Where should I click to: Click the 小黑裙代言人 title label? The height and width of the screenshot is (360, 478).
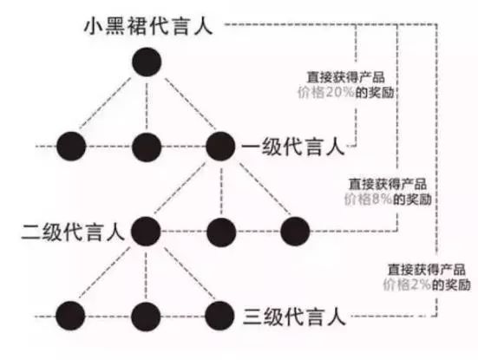(148, 26)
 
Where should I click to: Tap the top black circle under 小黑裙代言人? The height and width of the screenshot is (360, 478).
(147, 62)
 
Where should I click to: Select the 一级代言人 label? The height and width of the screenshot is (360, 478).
(293, 147)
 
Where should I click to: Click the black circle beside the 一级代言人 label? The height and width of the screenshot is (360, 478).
(220, 147)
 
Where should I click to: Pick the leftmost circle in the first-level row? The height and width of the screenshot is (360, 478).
(71, 147)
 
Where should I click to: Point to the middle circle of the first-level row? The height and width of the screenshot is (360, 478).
(147, 147)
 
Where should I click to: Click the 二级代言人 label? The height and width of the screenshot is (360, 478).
(73, 232)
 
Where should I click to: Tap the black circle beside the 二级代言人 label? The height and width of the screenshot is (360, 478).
(146, 232)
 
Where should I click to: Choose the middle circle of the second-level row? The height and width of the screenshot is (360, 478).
(221, 232)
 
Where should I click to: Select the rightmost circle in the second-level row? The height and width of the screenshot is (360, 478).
(295, 232)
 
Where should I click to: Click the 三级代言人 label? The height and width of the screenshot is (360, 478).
(294, 317)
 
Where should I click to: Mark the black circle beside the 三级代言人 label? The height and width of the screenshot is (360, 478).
(219, 316)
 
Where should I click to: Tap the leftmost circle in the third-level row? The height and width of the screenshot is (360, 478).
(70, 316)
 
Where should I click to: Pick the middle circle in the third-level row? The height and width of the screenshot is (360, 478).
(146, 316)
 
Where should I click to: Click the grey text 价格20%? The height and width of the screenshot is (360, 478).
(326, 92)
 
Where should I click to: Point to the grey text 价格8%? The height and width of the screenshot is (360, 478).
(368, 200)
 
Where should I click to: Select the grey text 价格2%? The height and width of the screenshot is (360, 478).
(407, 285)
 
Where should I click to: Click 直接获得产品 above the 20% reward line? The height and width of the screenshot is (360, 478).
(345, 77)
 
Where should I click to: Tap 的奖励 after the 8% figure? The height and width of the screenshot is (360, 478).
(412, 200)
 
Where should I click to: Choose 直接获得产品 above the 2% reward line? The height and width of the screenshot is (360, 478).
(427, 270)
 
